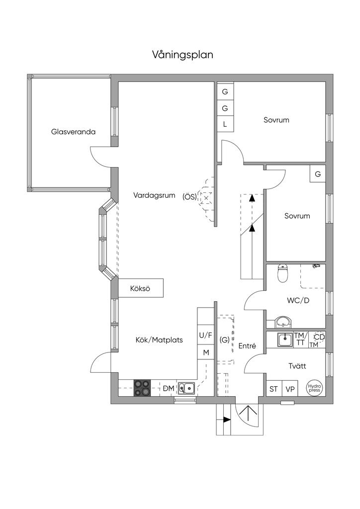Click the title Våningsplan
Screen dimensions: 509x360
182,55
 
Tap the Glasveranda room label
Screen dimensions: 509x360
73,132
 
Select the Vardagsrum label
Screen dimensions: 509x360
154,195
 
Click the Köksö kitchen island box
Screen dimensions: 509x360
140,288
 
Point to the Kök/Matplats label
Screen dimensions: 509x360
159,340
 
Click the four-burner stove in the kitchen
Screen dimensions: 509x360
142,388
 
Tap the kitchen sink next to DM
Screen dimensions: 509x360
187,388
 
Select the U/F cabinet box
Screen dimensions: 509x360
206,335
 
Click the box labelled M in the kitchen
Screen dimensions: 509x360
206,352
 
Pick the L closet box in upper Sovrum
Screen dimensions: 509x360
225,124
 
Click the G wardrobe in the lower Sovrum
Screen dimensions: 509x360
318,174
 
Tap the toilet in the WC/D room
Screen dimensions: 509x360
283,273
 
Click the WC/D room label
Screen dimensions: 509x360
298,301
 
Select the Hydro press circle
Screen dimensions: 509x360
314,388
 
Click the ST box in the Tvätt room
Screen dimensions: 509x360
273,389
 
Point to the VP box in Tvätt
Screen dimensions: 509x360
290,389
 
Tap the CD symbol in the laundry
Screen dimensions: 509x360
320,338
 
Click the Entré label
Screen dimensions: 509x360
247,346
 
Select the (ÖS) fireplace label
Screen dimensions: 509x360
189,197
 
